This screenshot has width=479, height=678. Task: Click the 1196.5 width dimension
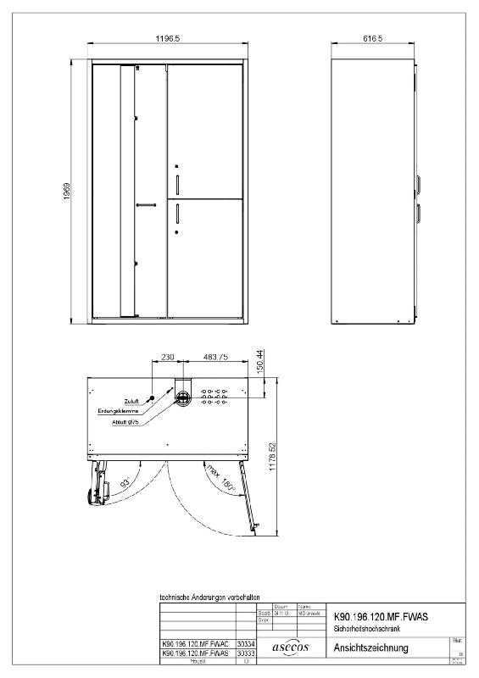coord(167,39)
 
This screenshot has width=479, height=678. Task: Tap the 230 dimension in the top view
coord(167,358)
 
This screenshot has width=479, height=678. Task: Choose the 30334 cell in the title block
coord(245,644)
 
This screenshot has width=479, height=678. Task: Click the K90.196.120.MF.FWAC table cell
coord(196,644)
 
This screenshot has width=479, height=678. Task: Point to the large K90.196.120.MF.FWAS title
coord(381,619)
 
